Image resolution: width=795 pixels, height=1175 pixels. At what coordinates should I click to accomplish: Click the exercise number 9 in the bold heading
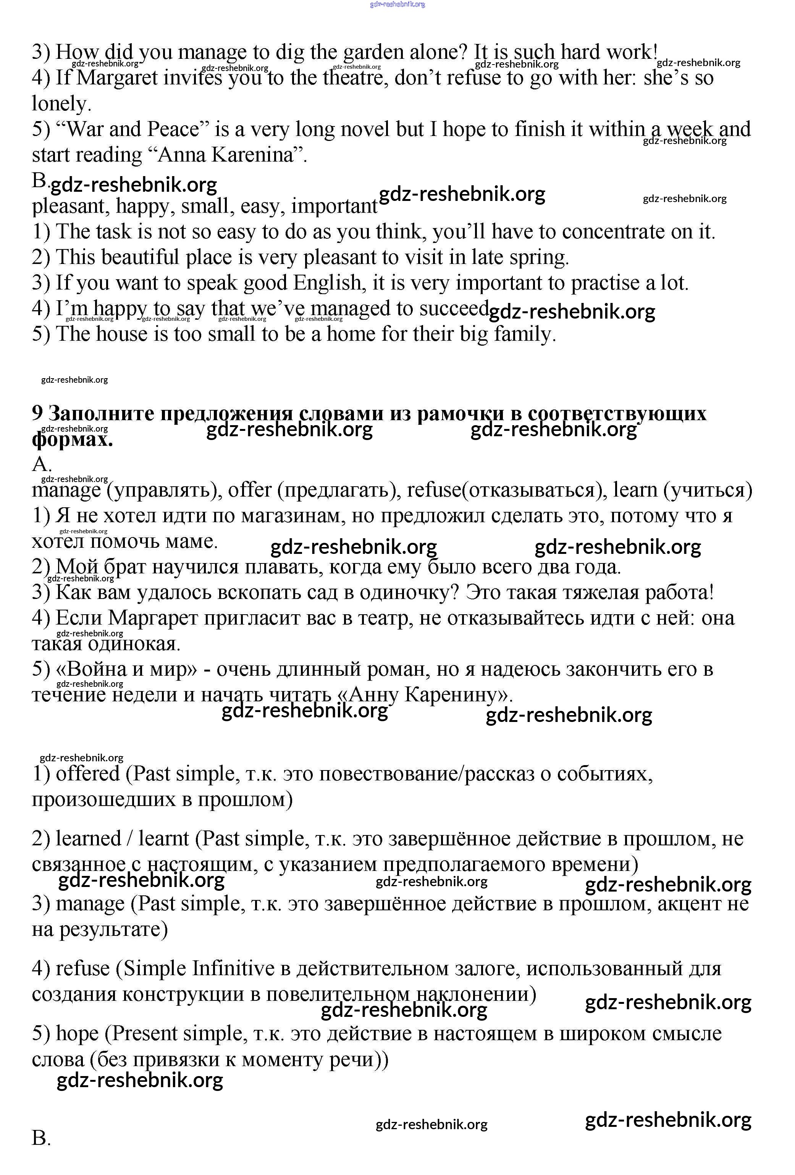click(37, 414)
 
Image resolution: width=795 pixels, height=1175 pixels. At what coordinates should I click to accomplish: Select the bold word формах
click(72, 439)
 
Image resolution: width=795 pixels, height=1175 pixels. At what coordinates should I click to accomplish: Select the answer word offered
click(87, 774)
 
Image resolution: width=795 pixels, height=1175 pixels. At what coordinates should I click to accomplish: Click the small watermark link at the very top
click(397, 4)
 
